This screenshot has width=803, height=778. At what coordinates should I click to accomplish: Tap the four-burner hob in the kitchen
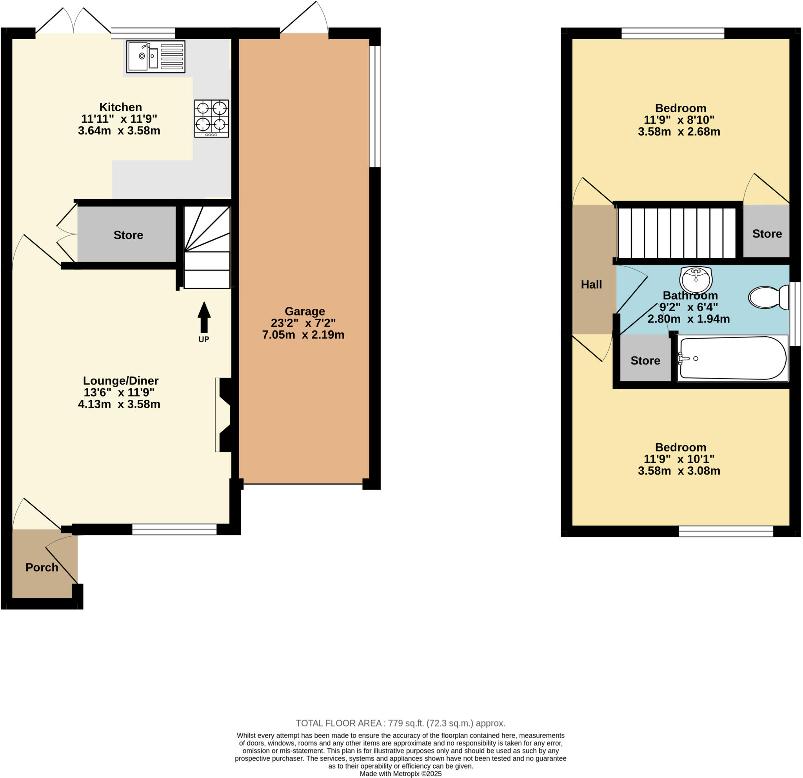pos(211,118)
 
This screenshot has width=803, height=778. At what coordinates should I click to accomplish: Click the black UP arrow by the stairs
pos(204,317)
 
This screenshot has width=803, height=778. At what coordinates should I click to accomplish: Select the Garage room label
pos(304,311)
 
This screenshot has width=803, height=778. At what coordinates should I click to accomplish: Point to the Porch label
pos(42,568)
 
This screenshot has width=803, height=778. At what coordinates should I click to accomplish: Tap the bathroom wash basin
pos(696,279)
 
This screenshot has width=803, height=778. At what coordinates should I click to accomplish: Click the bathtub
pos(732,358)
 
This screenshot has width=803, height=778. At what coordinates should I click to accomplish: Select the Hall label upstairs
pos(591,285)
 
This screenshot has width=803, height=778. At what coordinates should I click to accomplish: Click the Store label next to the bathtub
pos(645,361)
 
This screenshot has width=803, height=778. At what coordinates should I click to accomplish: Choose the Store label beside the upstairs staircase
pos(767,234)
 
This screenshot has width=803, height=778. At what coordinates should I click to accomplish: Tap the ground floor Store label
pos(128,235)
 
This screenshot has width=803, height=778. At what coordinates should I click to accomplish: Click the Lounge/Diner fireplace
pos(224,415)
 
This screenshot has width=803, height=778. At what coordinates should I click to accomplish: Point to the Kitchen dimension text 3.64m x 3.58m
pos(119,131)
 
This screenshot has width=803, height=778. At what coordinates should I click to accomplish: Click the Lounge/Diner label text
pos(120,381)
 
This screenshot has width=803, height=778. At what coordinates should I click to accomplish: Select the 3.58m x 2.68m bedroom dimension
pos(679,132)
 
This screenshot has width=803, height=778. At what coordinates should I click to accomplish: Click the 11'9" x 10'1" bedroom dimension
pos(679,459)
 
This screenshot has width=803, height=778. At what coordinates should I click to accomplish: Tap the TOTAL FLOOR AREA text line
pos(401,723)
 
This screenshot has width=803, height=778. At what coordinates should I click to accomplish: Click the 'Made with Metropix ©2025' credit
pos(401,774)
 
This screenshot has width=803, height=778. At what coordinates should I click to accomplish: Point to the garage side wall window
pos(375,107)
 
